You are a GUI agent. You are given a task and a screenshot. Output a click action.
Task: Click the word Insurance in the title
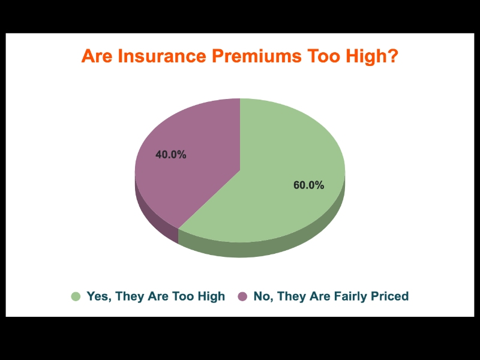(162, 56)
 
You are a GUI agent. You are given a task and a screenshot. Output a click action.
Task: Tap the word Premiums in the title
(257, 56)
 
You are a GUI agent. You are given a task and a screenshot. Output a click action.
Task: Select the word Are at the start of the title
(97, 56)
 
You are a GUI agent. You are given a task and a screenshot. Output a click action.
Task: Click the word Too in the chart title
(323, 56)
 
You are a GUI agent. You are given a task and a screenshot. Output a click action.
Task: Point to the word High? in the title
(371, 56)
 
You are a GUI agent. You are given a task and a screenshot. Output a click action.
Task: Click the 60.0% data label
(308, 185)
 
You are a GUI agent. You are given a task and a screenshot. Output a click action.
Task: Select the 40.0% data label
(171, 155)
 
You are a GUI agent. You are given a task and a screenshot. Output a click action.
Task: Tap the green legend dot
(76, 296)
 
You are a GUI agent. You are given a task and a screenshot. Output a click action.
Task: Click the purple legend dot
(242, 296)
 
